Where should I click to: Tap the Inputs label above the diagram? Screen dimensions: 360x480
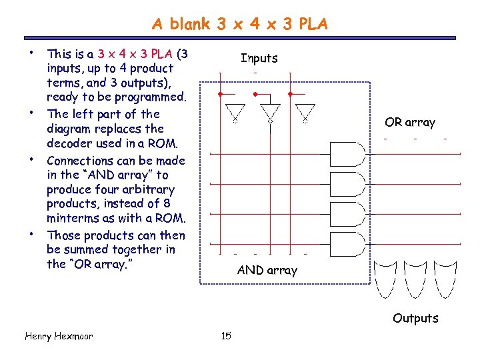[259, 59]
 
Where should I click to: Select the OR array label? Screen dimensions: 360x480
[409, 122]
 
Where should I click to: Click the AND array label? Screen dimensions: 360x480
[267, 270]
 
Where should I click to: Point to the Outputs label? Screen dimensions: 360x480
[415, 318]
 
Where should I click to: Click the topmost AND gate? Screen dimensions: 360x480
[347, 155]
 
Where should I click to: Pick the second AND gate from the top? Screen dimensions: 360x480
[347, 184]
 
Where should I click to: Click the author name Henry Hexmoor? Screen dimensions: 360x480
[58, 336]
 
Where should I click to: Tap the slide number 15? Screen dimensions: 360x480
[226, 336]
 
